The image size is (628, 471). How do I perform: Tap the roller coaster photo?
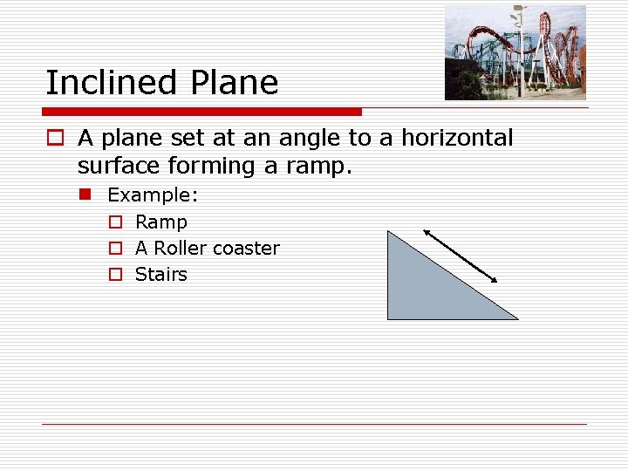515,52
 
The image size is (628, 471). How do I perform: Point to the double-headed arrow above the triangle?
461,256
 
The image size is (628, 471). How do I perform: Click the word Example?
153,195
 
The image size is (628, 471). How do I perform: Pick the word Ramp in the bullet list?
161,222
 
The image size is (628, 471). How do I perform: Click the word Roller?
181,249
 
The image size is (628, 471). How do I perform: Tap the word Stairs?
161,275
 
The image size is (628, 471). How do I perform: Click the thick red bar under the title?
201,112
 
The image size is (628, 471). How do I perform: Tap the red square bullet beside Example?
85,194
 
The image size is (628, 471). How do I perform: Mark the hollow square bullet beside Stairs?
114,275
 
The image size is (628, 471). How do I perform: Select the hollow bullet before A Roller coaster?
114,249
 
